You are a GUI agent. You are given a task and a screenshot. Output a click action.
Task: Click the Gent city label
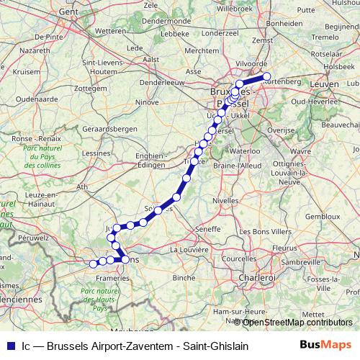coord(68,12)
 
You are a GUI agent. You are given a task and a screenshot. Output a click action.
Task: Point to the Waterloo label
coord(245,151)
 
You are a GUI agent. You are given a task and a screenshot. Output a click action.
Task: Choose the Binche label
coord(184,276)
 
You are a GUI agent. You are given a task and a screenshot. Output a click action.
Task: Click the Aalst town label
coord(151,60)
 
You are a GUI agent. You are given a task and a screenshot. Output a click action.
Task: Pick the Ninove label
coord(148,102)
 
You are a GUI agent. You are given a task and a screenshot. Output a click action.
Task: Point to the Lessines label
coord(96,153)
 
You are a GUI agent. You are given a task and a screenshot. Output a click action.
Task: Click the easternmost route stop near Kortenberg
coord(266,76)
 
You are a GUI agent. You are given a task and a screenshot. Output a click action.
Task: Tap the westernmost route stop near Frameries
coord(93,264)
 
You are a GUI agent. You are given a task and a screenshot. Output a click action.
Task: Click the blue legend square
coord(9,346)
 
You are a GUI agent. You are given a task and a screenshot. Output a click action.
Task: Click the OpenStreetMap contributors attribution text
coord(297,322)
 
